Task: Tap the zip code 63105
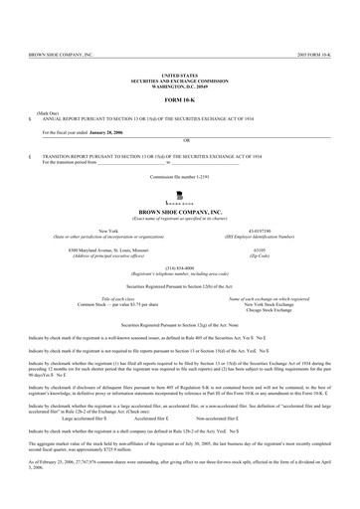click(273, 249)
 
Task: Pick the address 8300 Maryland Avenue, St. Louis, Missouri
click(94, 249)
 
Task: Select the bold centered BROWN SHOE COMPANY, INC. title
click(180, 213)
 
